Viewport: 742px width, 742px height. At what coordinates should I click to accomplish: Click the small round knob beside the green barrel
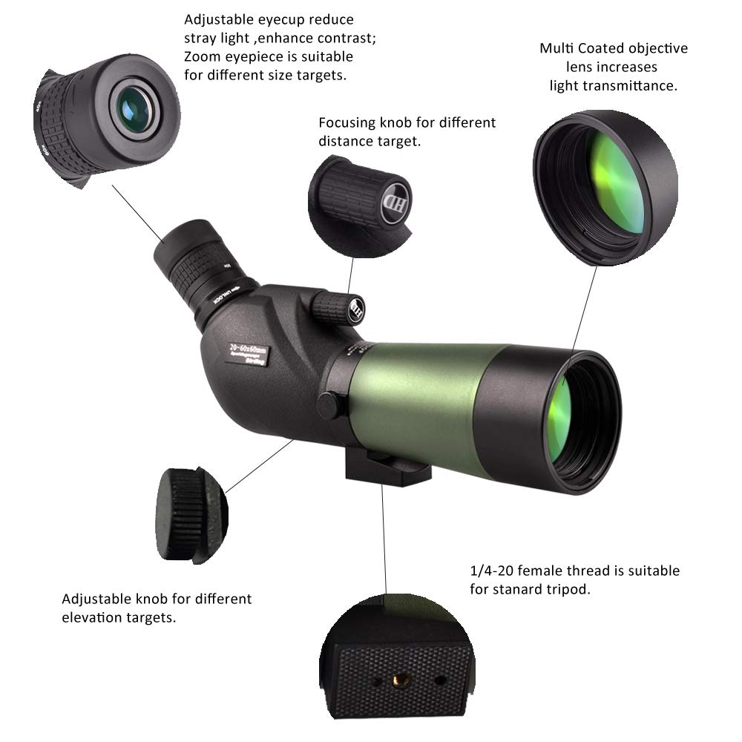point(327,403)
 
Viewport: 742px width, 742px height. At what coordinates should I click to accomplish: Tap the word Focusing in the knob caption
point(347,122)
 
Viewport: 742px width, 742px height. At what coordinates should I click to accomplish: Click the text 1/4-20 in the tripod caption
point(493,571)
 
